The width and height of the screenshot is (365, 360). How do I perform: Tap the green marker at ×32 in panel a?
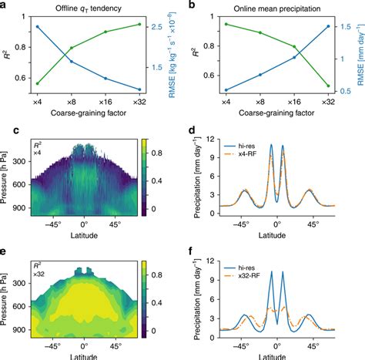(139, 24)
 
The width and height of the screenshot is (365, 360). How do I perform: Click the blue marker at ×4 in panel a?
(38, 26)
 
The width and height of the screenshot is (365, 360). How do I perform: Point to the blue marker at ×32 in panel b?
(328, 26)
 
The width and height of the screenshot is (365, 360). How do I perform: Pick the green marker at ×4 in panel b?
(226, 24)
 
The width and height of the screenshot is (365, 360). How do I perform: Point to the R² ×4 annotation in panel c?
(36, 148)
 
